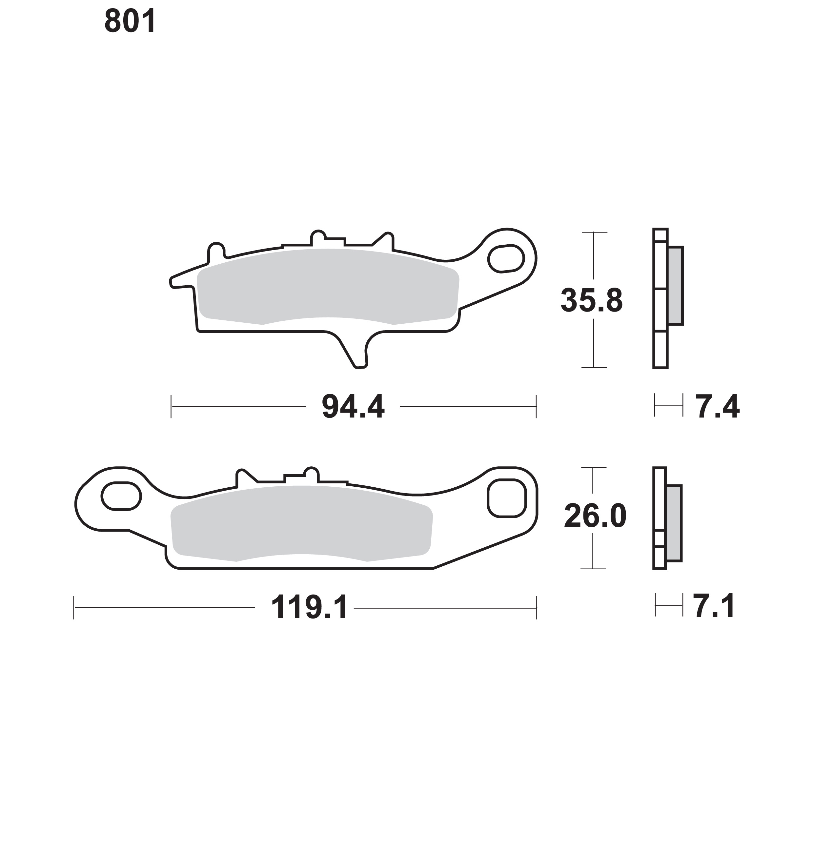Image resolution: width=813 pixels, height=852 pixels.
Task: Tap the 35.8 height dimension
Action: click(x=592, y=300)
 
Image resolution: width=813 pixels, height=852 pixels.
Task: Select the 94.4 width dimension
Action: click(x=353, y=407)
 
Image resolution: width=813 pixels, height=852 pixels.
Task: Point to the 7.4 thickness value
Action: click(x=718, y=407)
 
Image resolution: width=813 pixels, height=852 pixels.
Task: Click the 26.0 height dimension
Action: click(x=595, y=516)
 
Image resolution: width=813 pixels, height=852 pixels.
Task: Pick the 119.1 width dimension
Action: click(x=309, y=608)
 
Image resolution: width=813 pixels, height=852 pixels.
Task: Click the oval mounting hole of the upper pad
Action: click(x=506, y=259)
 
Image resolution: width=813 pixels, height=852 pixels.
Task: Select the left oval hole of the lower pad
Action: click(x=121, y=496)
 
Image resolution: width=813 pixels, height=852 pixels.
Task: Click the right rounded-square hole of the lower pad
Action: click(x=507, y=498)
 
